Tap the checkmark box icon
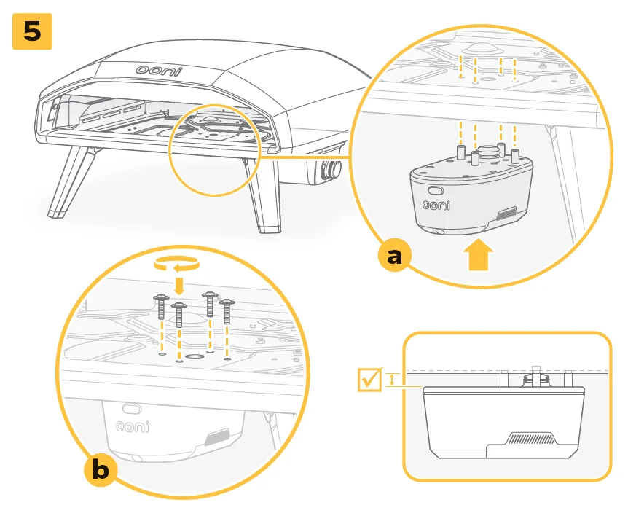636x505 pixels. click(x=370, y=379)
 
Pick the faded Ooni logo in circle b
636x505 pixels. click(x=132, y=426)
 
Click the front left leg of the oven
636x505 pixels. click(x=68, y=182)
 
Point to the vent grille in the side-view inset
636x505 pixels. click(x=534, y=439)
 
